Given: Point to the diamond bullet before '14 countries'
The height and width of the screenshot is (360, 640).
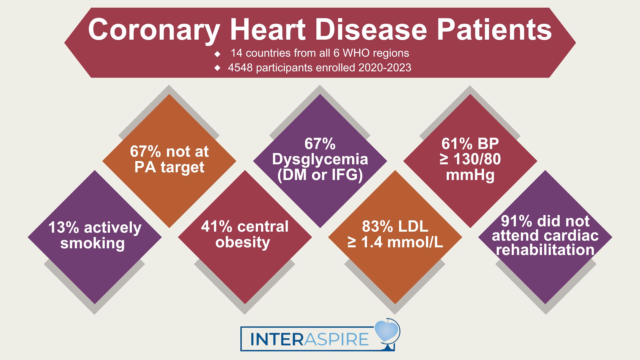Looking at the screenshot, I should click(x=218, y=53).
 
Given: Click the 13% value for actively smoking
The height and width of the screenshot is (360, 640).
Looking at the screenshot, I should click(x=64, y=228).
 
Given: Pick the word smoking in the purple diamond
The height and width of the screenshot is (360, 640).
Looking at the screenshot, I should click(x=93, y=243).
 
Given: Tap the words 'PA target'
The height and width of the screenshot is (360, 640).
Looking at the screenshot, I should click(x=169, y=167).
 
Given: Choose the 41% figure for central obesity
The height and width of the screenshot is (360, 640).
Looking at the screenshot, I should click(x=216, y=227).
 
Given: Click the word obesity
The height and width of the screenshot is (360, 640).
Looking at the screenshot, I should click(x=243, y=242).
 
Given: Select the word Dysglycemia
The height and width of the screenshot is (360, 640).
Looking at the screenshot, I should click(x=320, y=159).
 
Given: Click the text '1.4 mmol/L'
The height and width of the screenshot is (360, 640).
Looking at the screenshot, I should click(x=402, y=242).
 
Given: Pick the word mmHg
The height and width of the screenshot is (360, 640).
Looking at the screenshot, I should click(x=470, y=175).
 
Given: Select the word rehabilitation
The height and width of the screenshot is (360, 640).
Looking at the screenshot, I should click(x=545, y=250).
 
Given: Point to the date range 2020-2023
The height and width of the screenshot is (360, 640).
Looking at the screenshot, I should click(x=385, y=68).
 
